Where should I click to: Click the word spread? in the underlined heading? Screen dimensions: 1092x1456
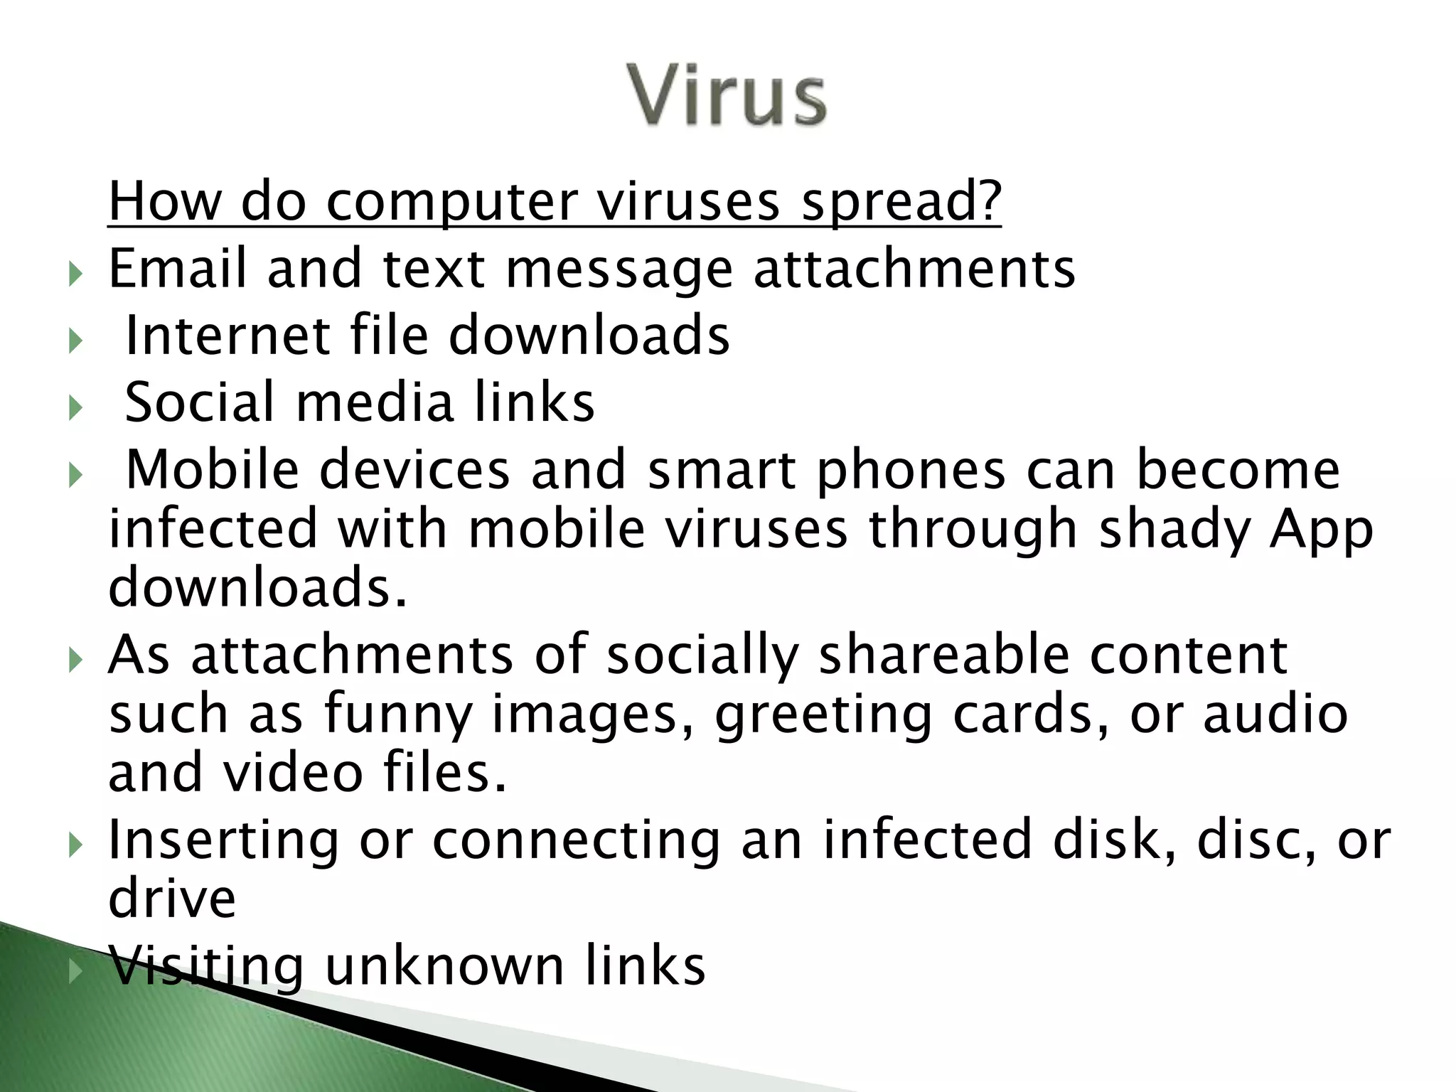[x=901, y=202]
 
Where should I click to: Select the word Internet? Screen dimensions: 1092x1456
[x=227, y=336]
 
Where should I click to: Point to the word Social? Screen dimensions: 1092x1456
[x=199, y=402]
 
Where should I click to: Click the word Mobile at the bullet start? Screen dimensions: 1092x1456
[x=212, y=470]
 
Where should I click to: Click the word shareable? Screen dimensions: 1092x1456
[x=944, y=655]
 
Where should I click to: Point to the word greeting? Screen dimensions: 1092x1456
[x=823, y=714]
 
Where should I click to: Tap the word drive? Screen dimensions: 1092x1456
[x=172, y=899]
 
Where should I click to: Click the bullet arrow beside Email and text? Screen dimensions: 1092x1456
[x=76, y=273]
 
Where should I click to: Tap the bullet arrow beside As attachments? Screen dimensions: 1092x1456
[x=76, y=660]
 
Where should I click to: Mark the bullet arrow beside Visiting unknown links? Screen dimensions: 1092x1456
[x=76, y=970]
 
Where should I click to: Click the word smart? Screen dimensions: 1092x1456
[x=722, y=470]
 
